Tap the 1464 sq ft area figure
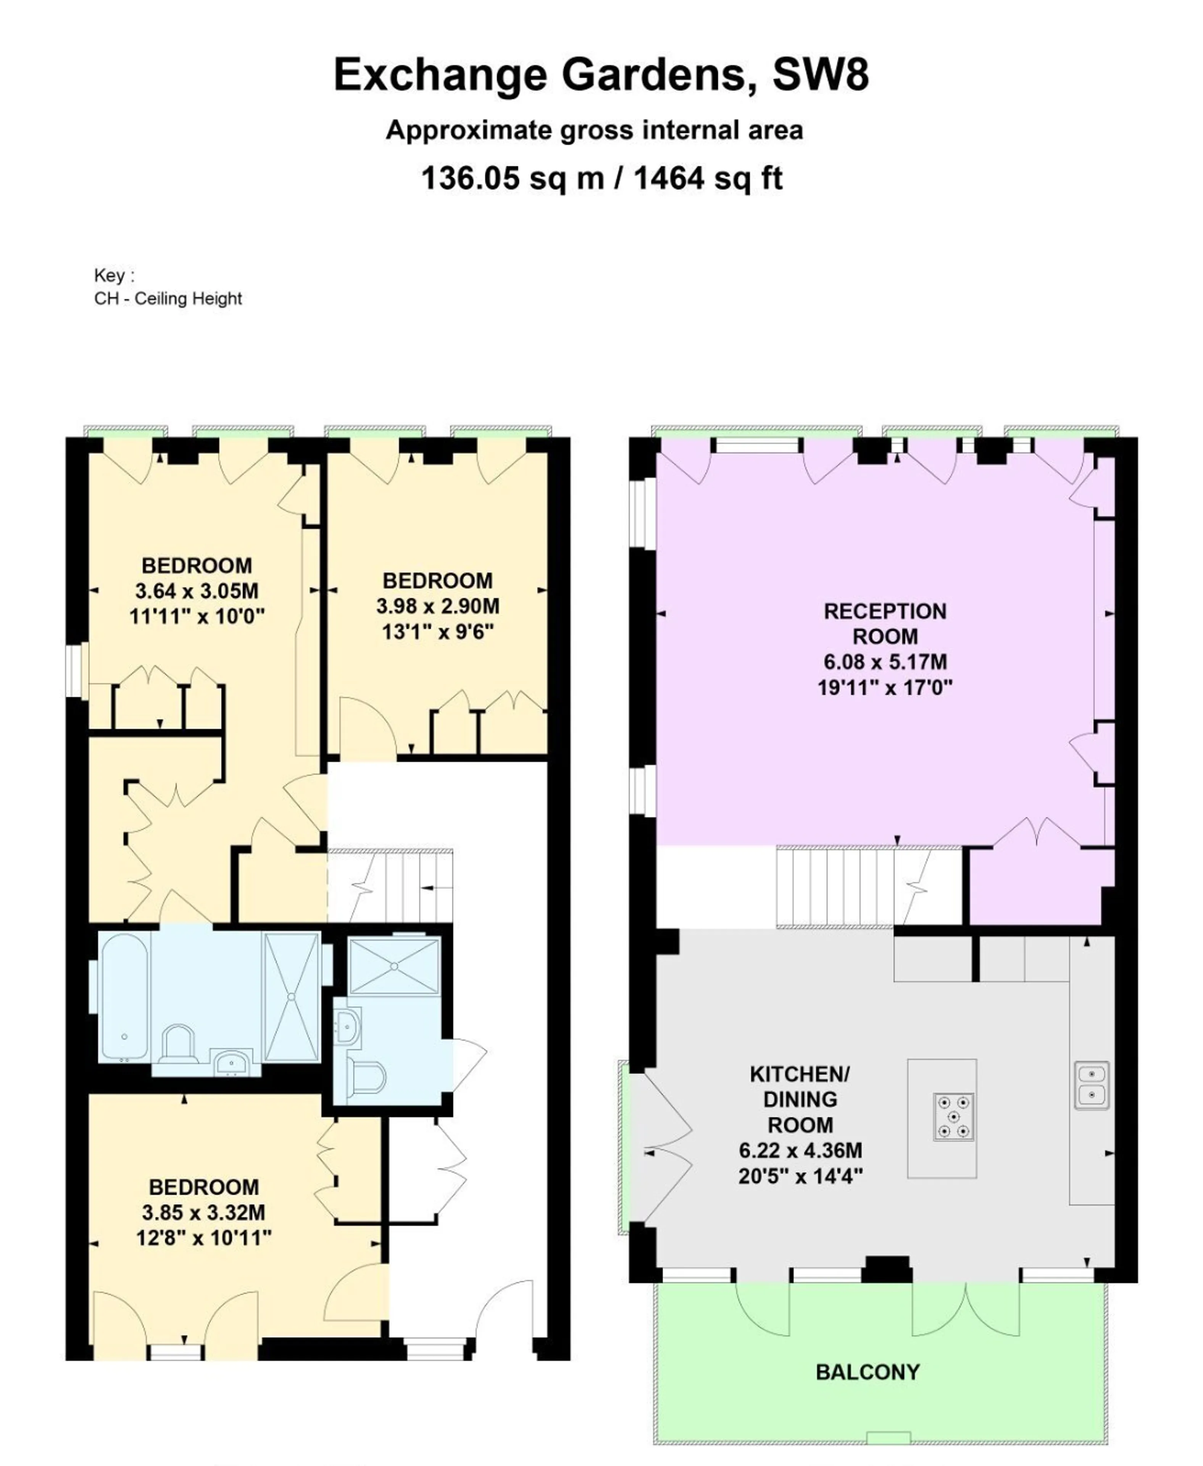(708, 178)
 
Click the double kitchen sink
(1092, 1085)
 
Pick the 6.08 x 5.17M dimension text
(885, 662)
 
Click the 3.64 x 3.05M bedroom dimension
(197, 591)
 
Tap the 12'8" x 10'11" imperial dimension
(204, 1238)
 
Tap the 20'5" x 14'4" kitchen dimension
(800, 1176)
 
